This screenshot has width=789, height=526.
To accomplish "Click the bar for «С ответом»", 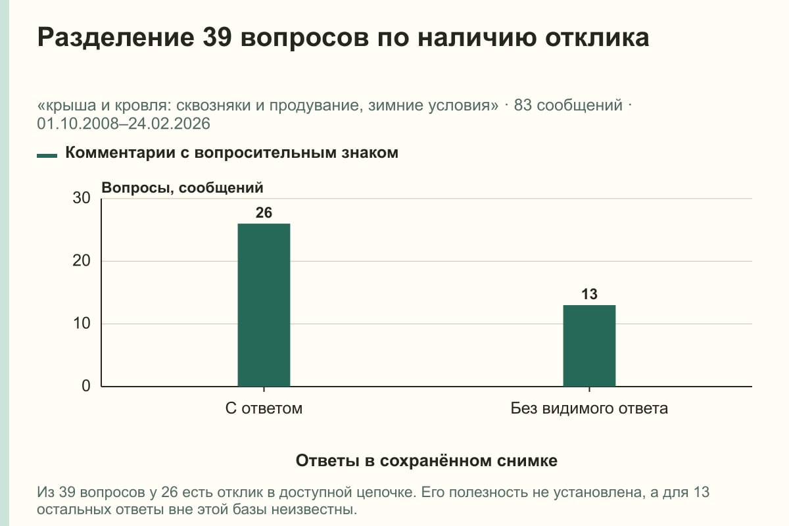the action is click(264, 305).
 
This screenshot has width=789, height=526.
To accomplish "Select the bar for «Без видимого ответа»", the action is click(589, 346).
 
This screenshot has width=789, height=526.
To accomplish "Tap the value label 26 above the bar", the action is click(264, 213).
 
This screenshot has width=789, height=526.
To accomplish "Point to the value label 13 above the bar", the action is click(589, 294).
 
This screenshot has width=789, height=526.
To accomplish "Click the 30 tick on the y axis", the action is click(82, 198).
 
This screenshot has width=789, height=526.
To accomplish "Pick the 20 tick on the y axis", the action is click(82, 261).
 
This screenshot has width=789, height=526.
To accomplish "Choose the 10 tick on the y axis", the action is click(82, 323).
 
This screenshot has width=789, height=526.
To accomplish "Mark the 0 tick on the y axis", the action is click(86, 386).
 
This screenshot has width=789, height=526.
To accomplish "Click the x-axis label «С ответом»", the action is click(264, 408).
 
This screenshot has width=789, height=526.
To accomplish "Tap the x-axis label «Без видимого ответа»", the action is click(589, 408).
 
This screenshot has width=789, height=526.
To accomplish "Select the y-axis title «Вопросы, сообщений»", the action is click(183, 188).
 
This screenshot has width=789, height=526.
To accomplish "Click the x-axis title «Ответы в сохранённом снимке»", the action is click(427, 461).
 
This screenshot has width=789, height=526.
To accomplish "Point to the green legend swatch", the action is click(47, 155).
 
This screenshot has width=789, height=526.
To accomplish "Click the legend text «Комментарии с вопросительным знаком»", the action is click(231, 153).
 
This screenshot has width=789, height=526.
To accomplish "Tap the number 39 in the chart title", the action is click(217, 37).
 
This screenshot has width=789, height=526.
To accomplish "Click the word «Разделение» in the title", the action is click(116, 38).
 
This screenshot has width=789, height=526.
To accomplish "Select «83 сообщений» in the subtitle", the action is click(568, 105).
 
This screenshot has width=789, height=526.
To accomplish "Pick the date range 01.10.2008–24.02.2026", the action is click(124, 124).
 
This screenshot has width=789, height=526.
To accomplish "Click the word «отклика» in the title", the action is click(597, 37).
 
